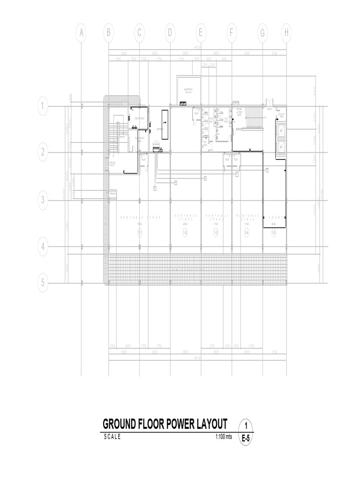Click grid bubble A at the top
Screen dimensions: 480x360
coord(81,33)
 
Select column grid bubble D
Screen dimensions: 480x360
coord(170,33)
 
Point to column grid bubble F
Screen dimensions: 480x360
coord(232,33)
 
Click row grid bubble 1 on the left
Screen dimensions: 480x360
coord(43,106)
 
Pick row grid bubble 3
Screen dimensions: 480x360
coord(43,201)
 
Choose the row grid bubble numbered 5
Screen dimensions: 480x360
coord(43,283)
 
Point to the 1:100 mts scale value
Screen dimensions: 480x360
coord(224,437)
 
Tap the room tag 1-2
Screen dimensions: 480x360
coord(185,233)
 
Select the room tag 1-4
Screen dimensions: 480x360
coord(247,233)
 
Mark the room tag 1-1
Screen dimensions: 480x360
coord(140,233)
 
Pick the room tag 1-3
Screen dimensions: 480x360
coord(216,233)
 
